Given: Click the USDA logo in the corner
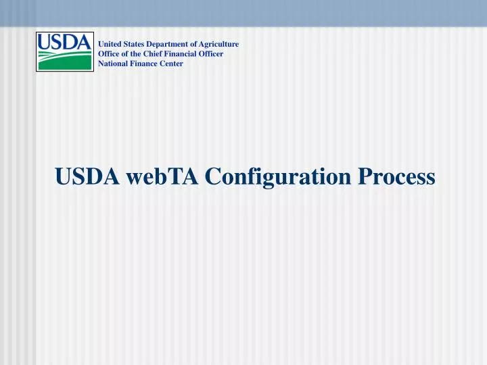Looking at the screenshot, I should point(64,51).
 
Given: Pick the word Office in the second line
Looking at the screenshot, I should point(109,53).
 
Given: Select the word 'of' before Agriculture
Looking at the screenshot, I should point(194,44).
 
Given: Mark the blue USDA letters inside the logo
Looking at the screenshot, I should point(64,43).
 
